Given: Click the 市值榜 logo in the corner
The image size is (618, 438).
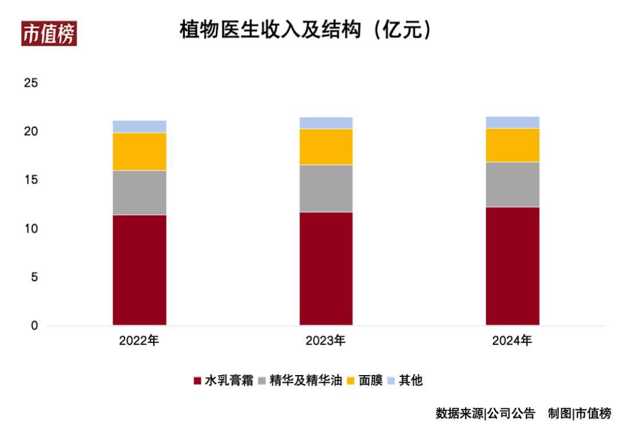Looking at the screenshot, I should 49,34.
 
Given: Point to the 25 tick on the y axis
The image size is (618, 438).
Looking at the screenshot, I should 30,83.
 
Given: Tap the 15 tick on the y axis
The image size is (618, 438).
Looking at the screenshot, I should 30,180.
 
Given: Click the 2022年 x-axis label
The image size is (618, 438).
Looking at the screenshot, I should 139,341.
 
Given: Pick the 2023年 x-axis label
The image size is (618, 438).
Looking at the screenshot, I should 326,341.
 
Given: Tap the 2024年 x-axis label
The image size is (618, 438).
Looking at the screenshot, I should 512,341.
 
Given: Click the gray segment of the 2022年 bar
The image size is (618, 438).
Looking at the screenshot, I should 139,193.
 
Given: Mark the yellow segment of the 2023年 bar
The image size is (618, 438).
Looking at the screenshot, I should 326,146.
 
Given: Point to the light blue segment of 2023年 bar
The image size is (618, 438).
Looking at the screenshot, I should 326,122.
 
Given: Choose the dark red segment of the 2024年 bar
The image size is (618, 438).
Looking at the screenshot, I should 512,266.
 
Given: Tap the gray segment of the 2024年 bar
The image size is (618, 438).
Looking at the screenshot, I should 512,184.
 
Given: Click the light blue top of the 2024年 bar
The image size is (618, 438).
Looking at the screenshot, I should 512,122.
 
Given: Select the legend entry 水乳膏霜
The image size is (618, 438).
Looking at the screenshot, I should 223,380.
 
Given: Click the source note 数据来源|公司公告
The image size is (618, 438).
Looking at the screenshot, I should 485,413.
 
